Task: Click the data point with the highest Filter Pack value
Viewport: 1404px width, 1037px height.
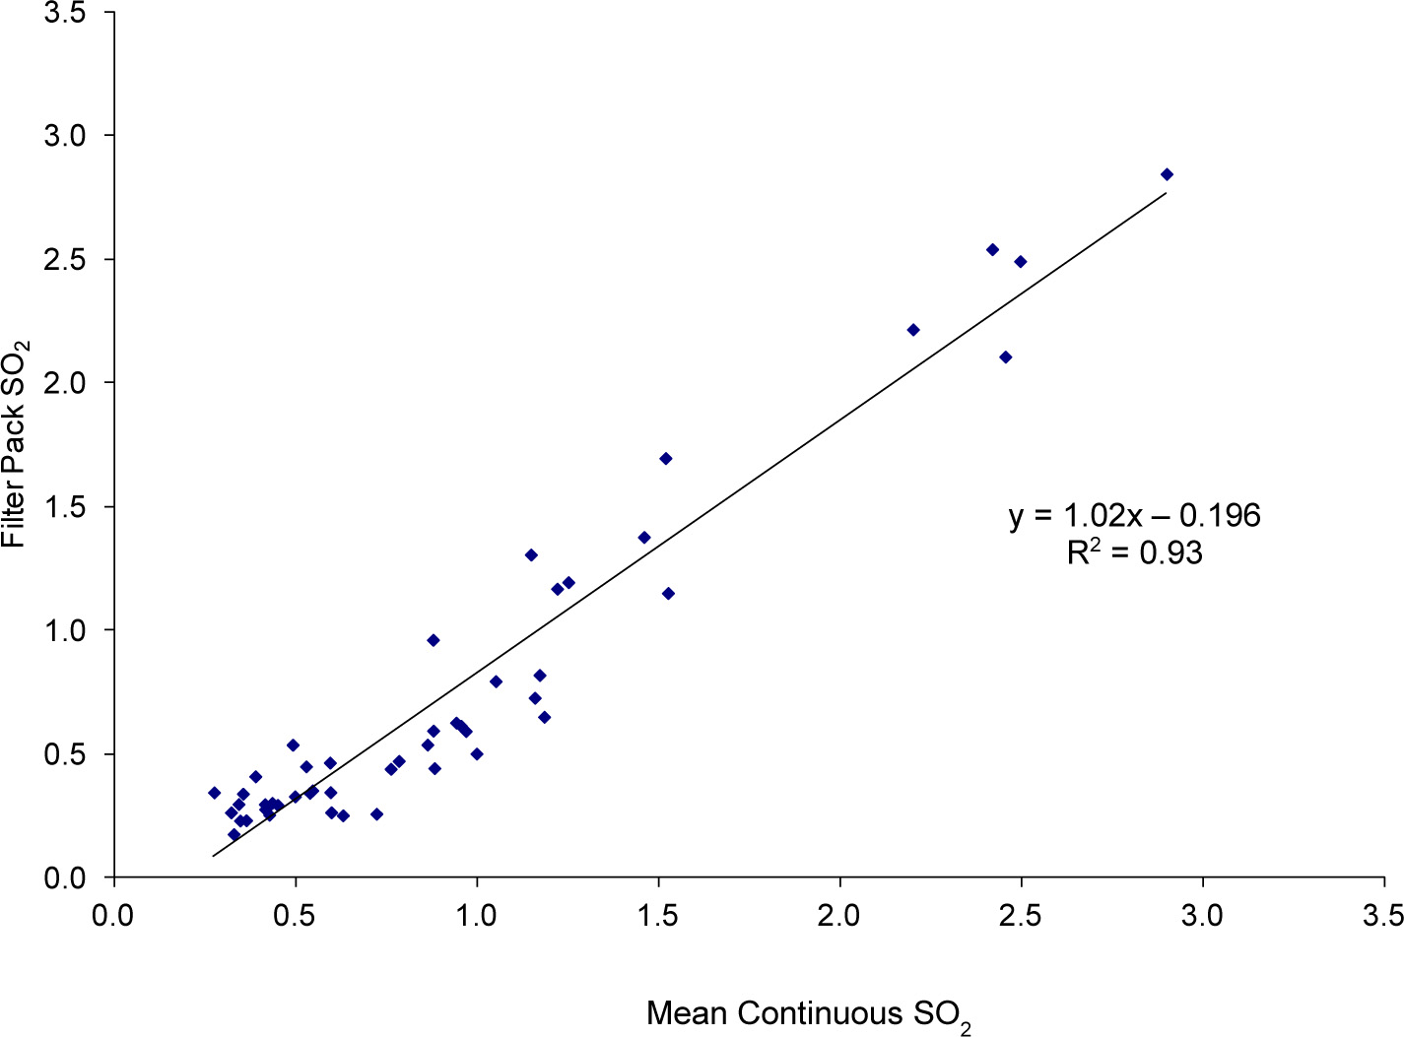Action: coord(1167,174)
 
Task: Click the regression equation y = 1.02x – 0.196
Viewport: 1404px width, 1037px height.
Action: coord(1134,515)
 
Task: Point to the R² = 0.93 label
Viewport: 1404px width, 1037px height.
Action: coord(1134,552)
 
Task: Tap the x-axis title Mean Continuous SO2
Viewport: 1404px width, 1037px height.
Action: coord(809,1015)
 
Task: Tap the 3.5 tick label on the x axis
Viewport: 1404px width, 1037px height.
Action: coord(1382,916)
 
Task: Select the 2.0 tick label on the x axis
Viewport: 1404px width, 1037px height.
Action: coord(840,916)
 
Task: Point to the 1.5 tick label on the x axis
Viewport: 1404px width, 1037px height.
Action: coord(659,916)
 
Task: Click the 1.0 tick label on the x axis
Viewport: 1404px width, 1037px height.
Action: coord(478,916)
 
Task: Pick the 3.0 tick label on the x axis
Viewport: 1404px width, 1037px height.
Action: coord(1202,916)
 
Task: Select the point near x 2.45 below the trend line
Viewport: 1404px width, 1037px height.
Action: coord(1006,357)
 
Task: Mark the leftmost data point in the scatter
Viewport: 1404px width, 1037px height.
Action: coord(214,793)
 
